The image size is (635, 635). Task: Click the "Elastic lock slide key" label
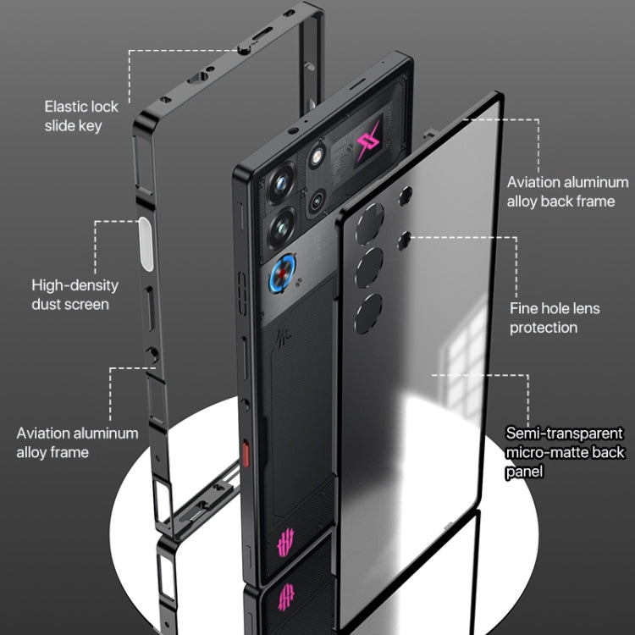[x=81, y=116]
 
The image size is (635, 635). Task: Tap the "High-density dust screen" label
[x=75, y=295]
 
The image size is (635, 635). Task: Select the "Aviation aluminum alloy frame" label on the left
[x=77, y=443]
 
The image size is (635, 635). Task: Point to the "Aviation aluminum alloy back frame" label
[x=567, y=191]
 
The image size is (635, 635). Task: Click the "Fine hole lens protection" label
[x=555, y=317]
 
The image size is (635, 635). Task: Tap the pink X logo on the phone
[x=369, y=143]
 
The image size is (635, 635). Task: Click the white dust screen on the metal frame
[x=146, y=244]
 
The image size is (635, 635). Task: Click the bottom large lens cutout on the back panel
[x=368, y=314]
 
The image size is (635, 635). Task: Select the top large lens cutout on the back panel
[x=369, y=228]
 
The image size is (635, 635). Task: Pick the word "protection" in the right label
[x=544, y=327]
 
